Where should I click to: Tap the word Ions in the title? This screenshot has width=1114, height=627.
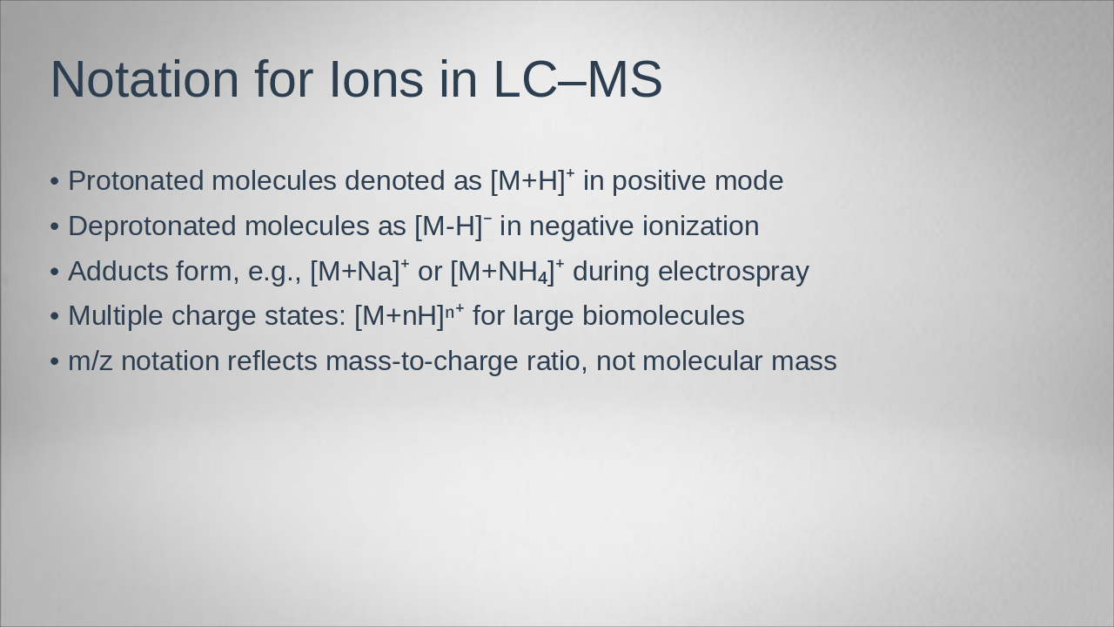click(376, 79)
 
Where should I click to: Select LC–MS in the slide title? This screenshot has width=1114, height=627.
click(578, 79)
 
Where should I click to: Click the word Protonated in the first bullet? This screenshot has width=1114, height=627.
click(136, 181)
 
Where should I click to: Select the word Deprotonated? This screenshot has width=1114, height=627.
click(152, 226)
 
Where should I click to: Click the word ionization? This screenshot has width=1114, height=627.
click(701, 226)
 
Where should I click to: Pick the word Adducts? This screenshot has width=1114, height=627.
click(117, 272)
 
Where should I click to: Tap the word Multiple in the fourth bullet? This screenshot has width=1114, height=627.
click(116, 316)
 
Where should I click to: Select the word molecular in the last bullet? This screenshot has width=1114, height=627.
click(702, 361)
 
